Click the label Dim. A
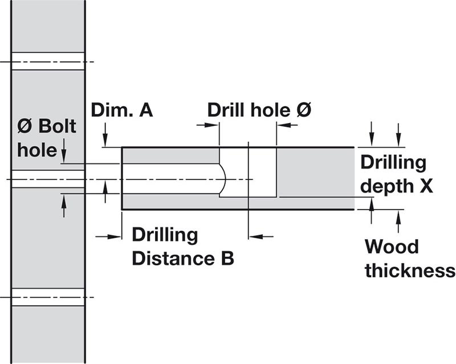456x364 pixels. click(122, 111)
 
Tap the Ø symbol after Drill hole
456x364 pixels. click(304, 110)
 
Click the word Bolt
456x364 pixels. click(58, 126)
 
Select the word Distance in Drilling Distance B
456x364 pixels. click(173, 258)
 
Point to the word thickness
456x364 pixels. click(410, 271)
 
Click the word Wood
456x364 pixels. click(392, 247)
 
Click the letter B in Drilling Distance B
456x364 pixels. click(227, 258)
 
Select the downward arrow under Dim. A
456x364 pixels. click(105, 134)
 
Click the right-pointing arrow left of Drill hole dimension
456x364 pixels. click(207, 125)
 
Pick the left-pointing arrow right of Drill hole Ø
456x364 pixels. click(287, 125)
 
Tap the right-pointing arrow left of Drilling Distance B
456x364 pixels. click(108, 236)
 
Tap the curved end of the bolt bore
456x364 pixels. click(223, 178)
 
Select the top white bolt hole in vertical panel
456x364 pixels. click(48, 62)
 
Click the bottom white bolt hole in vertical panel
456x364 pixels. click(48, 297)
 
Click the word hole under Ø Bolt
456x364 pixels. click(37, 150)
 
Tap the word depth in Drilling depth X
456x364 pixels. click(387, 187)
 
